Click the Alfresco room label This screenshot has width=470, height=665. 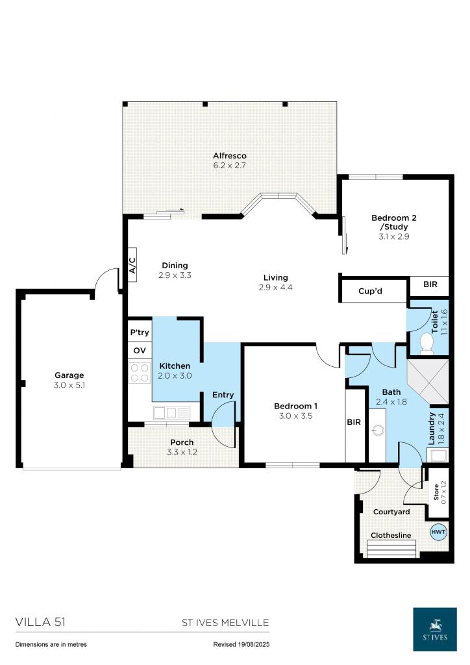(229, 156)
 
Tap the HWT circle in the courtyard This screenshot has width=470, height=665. (438, 532)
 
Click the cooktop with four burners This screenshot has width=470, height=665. (140, 373)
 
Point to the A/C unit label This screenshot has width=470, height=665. (132, 266)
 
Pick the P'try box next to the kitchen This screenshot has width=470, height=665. (140, 332)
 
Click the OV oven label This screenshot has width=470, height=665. (140, 351)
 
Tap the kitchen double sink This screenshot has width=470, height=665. (171, 412)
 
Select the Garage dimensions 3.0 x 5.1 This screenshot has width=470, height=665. (69, 385)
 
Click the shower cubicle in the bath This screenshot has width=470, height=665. (428, 381)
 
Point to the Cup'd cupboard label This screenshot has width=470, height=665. (370, 291)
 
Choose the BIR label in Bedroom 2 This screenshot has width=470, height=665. (430, 284)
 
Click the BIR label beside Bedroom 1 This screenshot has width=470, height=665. (354, 422)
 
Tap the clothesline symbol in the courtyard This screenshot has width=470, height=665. (391, 549)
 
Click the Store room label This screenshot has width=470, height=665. (436, 492)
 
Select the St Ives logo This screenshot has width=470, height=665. (435, 629)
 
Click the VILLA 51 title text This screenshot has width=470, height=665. (41, 622)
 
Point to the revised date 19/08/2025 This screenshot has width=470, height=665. (241, 644)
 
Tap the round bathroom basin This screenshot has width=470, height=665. (378, 431)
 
